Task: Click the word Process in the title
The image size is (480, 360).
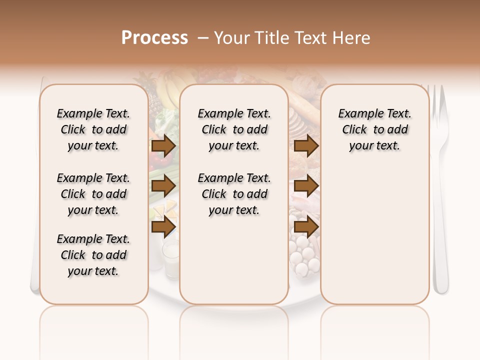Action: pyautogui.click(x=154, y=38)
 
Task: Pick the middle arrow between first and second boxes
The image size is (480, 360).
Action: pyautogui.click(x=163, y=186)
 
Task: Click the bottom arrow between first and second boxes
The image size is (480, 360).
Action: pyautogui.click(x=163, y=227)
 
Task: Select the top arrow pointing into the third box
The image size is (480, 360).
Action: pyautogui.click(x=306, y=145)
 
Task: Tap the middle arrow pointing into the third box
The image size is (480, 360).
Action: pyautogui.click(x=306, y=186)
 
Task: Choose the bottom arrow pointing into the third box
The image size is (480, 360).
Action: pyautogui.click(x=306, y=227)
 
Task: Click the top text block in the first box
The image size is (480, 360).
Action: pyautogui.click(x=93, y=129)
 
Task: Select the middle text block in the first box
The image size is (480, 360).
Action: pyautogui.click(x=93, y=194)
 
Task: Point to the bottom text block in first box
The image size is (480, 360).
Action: pyautogui.click(x=93, y=255)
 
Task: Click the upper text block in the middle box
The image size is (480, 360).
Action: pyautogui.click(x=234, y=129)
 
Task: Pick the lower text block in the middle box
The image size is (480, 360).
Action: pyautogui.click(x=234, y=194)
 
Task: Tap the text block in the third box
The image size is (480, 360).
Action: pyautogui.click(x=375, y=129)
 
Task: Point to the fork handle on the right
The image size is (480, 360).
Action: pyautogui.click(x=440, y=240)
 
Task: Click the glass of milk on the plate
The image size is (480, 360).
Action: pyautogui.click(x=171, y=257)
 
